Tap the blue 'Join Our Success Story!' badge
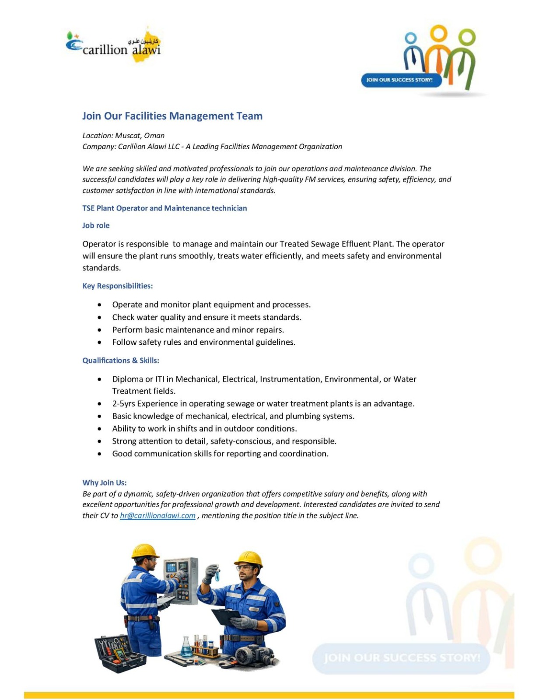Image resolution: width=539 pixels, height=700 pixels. coord(400,80)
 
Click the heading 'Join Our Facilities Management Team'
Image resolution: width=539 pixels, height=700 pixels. coord(172,116)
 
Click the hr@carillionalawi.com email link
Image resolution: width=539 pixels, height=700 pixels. coord(157,516)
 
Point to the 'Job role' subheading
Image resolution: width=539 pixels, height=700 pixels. coord(96,226)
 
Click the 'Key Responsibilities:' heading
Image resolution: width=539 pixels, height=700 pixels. coord(118,286)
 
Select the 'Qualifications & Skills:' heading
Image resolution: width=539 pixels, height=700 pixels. coord(121,360)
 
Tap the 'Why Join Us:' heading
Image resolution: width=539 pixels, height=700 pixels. coord(105,483)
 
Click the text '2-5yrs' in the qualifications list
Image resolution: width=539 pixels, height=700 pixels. coord(123,404)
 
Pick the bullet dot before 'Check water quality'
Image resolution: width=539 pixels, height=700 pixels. coord(100,318)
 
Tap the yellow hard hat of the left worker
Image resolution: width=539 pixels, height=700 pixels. coord(145,551)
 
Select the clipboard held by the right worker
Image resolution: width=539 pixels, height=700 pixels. coord(227,616)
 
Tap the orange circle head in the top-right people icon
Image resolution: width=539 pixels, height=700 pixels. coord(439,33)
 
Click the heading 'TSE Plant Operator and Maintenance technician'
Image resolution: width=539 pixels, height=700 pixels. coord(164,208)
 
